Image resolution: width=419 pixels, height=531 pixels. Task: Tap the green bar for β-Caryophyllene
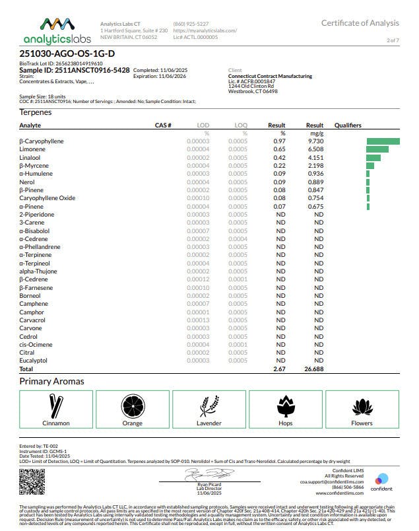(383, 141)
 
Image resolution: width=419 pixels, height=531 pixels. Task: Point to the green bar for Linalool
(373, 158)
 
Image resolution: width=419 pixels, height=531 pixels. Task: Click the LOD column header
(203, 125)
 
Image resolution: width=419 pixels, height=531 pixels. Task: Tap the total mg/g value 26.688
(314, 369)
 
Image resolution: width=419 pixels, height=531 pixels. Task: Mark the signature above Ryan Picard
(209, 473)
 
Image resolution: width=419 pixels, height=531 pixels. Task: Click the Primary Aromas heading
(51, 381)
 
